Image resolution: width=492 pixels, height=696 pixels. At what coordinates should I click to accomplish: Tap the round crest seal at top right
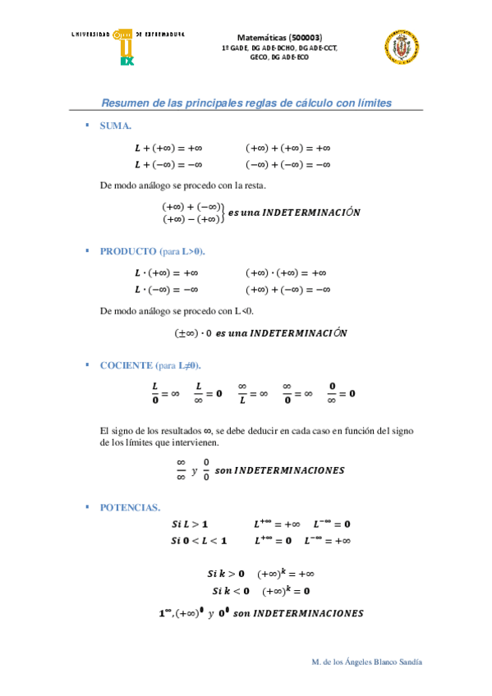coord(402,47)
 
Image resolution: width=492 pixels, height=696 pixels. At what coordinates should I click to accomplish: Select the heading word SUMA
coord(115,126)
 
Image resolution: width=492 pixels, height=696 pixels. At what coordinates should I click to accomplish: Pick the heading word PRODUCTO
coord(126,251)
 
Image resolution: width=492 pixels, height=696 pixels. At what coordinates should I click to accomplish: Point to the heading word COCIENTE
coord(126,365)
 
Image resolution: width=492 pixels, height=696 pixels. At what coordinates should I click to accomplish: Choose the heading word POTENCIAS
coord(130,507)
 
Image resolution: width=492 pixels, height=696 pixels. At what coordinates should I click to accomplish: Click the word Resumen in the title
coord(123,103)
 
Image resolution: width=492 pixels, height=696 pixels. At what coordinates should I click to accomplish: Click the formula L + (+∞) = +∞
coord(168,149)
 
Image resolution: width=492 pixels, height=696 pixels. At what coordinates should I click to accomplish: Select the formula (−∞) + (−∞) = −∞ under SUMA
coord(287,165)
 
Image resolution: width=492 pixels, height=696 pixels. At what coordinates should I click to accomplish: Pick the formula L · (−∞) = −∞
coord(167,290)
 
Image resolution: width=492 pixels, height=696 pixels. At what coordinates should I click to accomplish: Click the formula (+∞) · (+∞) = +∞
coord(286,273)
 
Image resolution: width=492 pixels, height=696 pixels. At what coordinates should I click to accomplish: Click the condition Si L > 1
coord(190,524)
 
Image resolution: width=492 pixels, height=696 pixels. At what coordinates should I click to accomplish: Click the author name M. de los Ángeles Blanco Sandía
coord(369,662)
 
